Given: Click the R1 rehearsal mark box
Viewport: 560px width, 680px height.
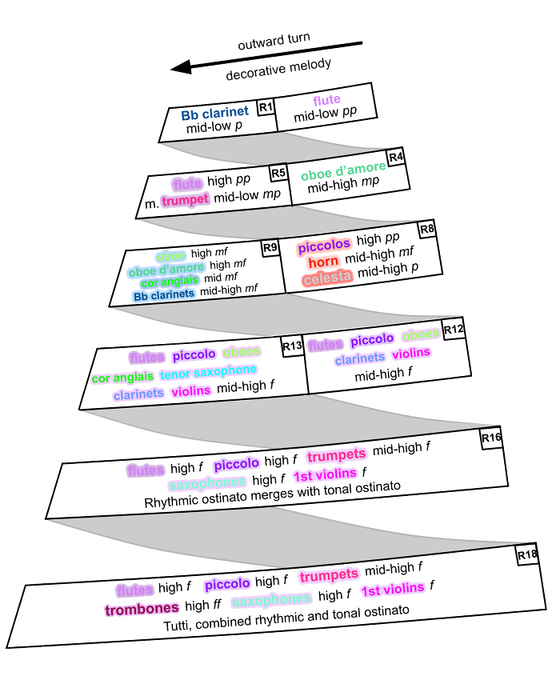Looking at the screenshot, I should click(266, 107).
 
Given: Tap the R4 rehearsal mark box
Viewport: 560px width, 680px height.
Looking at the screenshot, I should click(396, 156).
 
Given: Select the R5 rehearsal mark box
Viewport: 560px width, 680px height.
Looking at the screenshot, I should click(278, 172).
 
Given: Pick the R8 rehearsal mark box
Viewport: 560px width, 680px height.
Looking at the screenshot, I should click(427, 229).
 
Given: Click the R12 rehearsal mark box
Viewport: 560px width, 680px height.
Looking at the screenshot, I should click(454, 329).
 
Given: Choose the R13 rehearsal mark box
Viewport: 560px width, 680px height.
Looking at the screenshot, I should click(292, 346).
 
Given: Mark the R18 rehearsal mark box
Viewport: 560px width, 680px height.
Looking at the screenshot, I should click(526, 554).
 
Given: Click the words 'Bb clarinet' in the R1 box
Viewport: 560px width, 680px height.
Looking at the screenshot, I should click(214, 113).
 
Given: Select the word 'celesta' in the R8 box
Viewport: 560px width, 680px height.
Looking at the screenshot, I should click(326, 279).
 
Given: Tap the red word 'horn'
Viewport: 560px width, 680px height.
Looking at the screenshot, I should click(324, 263).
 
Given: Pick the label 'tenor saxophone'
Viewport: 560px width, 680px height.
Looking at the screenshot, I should click(208, 371).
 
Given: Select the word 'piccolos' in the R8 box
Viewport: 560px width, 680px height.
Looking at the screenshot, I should click(325, 248).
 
